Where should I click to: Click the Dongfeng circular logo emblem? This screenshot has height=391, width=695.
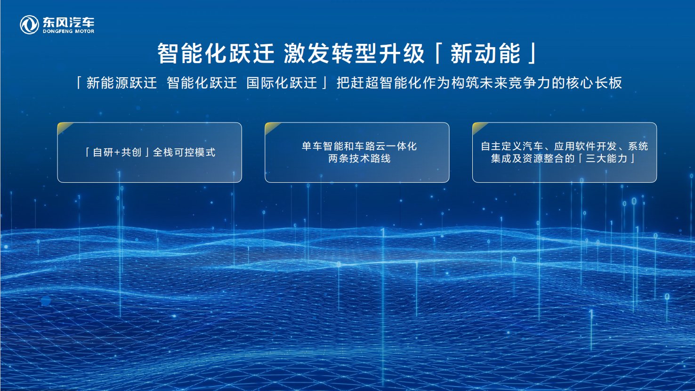29,25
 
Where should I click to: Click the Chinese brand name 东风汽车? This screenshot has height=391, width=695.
68,22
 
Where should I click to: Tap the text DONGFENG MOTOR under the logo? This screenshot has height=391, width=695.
68,32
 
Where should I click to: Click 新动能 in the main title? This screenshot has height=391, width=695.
485,53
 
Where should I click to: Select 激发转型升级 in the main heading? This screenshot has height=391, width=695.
355,53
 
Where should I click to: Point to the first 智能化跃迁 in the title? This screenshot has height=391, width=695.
216,53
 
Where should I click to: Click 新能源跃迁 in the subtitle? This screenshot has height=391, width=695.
121,83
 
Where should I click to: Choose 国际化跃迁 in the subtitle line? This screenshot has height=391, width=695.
282,83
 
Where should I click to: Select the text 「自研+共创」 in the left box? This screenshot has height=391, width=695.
117,152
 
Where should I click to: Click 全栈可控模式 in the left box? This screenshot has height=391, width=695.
184,152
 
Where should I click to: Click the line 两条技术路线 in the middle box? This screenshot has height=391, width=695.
359,159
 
